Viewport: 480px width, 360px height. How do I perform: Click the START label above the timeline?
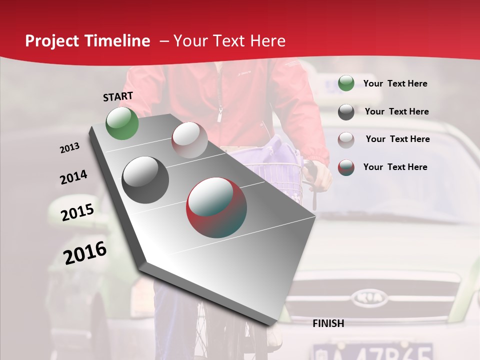[118, 96]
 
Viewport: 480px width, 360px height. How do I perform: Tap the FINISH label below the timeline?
[328, 323]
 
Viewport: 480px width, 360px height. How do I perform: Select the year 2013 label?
[69, 148]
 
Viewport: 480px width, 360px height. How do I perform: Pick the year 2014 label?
[73, 177]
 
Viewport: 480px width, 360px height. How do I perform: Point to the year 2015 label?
[77, 212]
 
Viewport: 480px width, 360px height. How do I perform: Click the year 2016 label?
[85, 253]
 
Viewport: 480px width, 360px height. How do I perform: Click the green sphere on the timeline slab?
[122, 123]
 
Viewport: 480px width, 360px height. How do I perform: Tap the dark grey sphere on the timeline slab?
[145, 180]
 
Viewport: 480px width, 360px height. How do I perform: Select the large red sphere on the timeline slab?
[216, 207]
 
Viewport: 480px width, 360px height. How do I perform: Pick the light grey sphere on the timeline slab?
[189, 140]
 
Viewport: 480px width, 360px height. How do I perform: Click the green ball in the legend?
[346, 83]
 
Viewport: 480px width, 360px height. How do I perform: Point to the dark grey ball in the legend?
[346, 111]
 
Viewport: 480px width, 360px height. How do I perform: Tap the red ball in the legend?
[346, 167]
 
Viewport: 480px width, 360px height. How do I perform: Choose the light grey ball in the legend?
[346, 139]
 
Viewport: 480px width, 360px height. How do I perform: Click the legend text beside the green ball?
[395, 83]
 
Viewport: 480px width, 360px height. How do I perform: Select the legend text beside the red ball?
[395, 167]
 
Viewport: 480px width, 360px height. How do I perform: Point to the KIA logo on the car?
[369, 298]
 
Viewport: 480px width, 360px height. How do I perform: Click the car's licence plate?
[372, 351]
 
